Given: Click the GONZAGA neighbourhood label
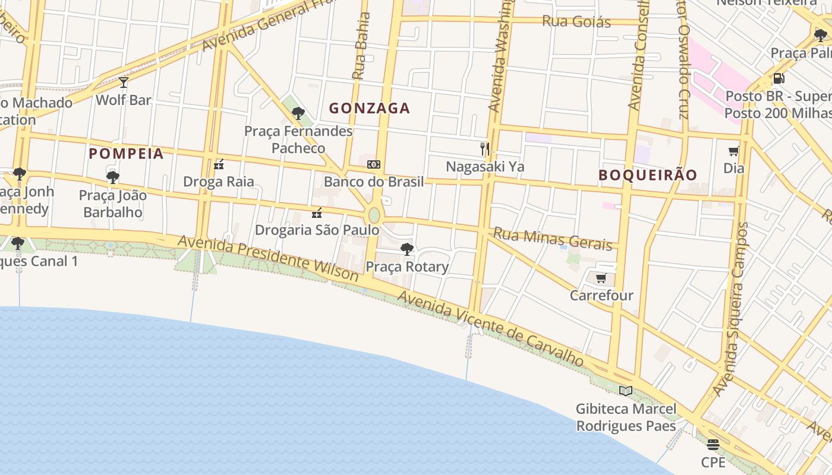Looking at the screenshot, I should coord(370,108).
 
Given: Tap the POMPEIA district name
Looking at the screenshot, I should coord(126,154).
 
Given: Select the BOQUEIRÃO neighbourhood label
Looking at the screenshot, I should coord(648,175).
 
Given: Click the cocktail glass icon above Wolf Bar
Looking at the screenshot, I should coord(124,82).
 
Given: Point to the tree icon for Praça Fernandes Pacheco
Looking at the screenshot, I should coord(298,113).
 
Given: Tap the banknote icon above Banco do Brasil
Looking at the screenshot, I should coord(374,164).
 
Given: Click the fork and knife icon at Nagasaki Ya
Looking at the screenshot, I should coord(485,148).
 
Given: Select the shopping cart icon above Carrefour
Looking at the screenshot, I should coord(601,278).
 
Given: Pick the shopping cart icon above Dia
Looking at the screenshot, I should coord(734,151).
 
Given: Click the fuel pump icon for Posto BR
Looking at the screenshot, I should coord(779,78).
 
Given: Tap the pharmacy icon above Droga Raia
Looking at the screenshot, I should coord(219,164).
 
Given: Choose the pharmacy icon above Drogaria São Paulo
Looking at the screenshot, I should coord(317,213).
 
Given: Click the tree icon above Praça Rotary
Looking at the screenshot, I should coord(407,249).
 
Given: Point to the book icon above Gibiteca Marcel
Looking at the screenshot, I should coord(625,391).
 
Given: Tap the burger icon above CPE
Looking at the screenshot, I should coord(713,444).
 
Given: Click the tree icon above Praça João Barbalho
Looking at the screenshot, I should coord(112,177).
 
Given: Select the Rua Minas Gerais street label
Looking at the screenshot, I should coord(553,239).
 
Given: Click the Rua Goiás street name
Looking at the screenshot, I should coord(576,22).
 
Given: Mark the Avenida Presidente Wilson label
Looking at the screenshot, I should coord(268,258).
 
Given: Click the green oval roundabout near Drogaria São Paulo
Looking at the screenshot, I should coord(374,215).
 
